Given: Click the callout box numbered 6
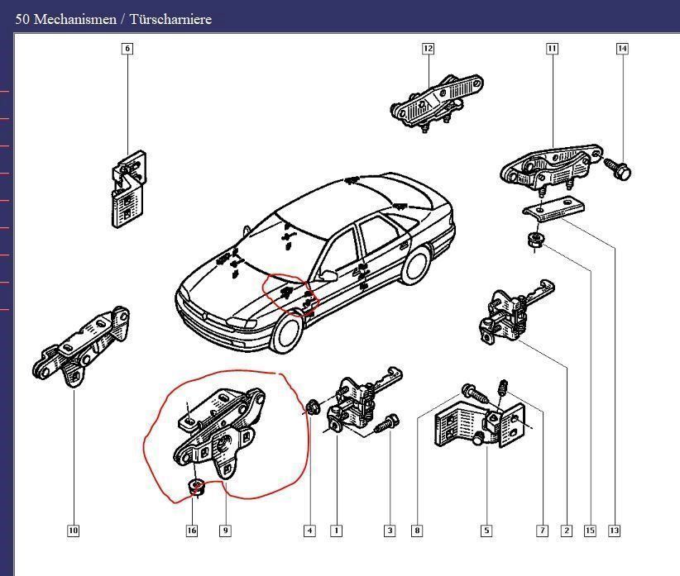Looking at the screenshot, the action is click(x=127, y=49).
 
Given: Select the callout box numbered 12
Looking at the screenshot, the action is click(x=428, y=49).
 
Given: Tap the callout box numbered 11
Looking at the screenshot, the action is click(x=552, y=49).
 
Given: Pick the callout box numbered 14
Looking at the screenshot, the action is click(x=622, y=49).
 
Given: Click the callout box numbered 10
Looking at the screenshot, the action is click(x=74, y=531).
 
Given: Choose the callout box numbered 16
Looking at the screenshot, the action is click(x=192, y=531).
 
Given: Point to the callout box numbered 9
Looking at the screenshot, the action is click(x=225, y=531).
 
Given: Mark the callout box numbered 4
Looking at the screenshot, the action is click(x=309, y=531).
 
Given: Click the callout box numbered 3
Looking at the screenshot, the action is click(x=390, y=531).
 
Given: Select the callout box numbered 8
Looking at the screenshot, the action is click(x=417, y=531).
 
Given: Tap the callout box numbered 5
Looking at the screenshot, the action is click(x=486, y=531).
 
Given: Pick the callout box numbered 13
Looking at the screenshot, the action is click(x=615, y=531).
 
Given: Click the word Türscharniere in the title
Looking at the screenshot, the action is click(x=170, y=20).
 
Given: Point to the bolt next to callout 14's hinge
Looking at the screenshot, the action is click(x=618, y=169).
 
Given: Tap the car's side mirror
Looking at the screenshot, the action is click(x=328, y=275).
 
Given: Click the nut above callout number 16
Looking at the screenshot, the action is click(x=198, y=487).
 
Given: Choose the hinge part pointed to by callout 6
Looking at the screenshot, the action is click(x=128, y=188).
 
